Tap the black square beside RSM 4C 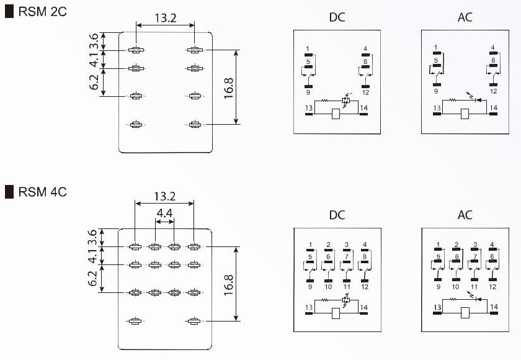9,192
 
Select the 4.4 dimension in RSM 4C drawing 164,213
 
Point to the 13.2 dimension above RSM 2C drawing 165,18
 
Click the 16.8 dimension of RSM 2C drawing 228,87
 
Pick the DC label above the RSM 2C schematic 337,17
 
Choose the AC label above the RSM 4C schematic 465,215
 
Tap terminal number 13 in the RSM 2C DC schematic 308,108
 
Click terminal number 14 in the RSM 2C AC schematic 494,108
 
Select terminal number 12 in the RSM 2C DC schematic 365,92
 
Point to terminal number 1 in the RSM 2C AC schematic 436,47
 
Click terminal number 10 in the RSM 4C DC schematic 328,287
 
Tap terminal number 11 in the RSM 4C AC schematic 474,287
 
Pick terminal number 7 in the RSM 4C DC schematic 346,256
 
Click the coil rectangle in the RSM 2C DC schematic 336,114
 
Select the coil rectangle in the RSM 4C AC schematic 465,313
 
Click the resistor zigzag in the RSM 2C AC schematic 453,99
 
